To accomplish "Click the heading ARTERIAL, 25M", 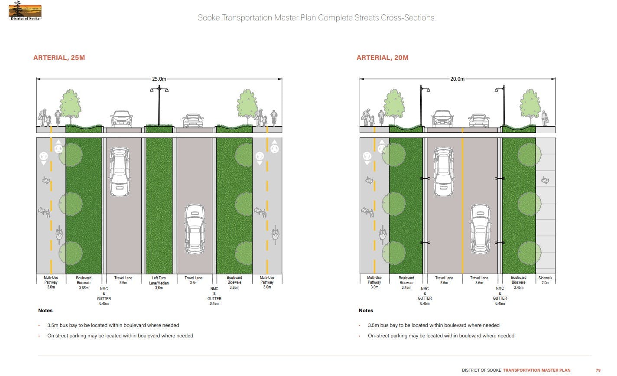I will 59,58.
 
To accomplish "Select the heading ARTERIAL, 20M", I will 382,58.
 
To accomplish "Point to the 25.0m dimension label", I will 159,79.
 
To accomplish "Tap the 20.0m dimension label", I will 457,79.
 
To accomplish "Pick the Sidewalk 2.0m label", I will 545,280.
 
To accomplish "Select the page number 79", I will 598,370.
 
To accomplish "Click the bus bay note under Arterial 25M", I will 113,325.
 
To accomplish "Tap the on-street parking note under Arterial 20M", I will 441,336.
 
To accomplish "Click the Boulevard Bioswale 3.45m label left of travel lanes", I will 406,283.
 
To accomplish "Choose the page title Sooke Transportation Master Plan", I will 316,18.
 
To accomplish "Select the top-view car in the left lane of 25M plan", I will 119,172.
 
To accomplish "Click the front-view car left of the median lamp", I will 121,118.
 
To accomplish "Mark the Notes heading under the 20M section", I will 366,311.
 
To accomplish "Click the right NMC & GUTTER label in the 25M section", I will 214,296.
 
